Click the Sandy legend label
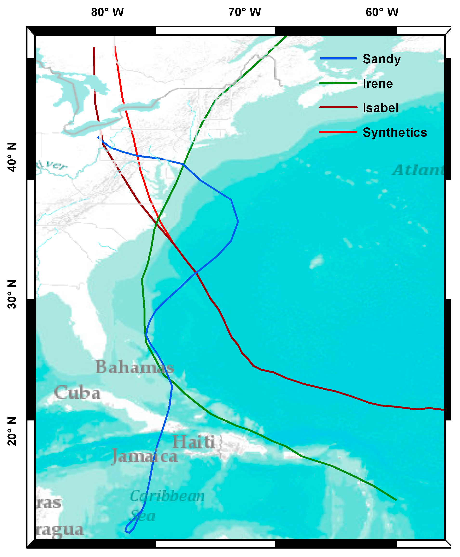(x=381, y=59)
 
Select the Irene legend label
(x=378, y=84)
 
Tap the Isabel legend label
(x=381, y=108)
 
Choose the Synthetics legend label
(x=394, y=132)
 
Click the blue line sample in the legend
(x=338, y=58)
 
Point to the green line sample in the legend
(x=338, y=83)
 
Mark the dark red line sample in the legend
(x=338, y=107)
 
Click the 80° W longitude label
(x=107, y=12)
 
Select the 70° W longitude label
(x=245, y=12)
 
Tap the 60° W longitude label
(x=382, y=12)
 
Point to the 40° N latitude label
(x=12, y=157)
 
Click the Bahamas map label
(x=135, y=367)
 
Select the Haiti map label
(x=193, y=442)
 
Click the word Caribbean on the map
(x=167, y=496)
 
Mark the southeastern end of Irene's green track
(x=396, y=500)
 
